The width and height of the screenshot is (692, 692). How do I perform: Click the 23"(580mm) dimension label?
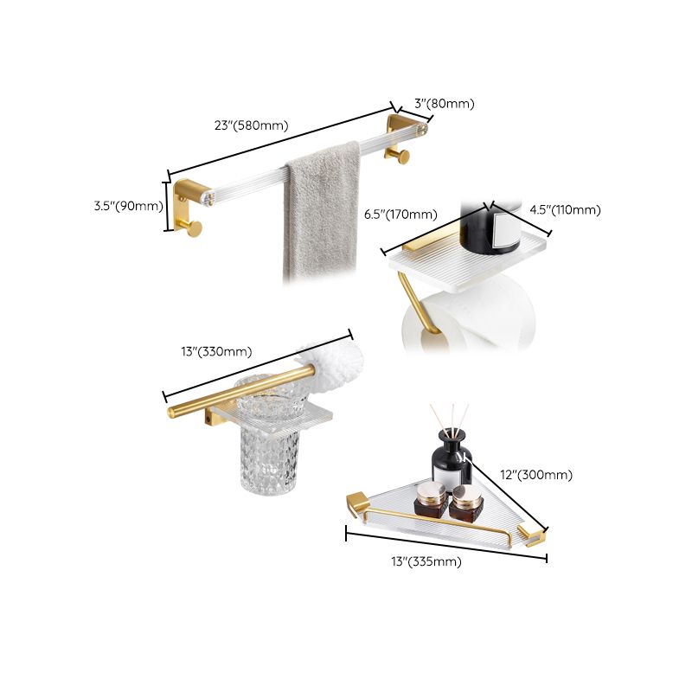tap(250, 125)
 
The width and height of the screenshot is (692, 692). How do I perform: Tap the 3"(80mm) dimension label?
tap(444, 103)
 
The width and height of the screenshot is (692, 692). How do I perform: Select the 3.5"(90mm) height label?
tap(129, 206)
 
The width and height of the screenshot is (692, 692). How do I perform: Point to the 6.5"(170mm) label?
tap(400, 215)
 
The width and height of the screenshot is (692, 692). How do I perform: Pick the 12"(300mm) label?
tap(537, 474)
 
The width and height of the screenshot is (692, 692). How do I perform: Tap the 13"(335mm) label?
tap(426, 561)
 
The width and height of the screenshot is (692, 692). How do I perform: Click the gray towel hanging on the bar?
tap(322, 212)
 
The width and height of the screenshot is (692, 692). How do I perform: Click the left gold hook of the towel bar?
tap(193, 227)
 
